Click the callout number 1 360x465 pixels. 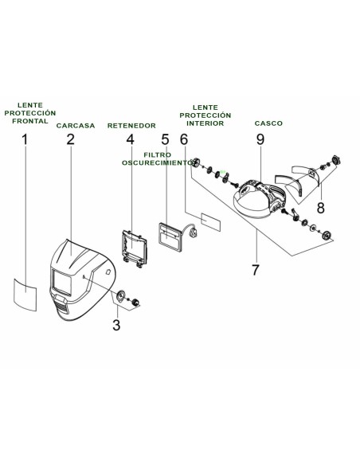25,139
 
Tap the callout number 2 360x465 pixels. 70,139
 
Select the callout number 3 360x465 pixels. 116,325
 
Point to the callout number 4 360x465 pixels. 130,139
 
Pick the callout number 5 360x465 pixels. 165,139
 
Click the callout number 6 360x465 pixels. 184,139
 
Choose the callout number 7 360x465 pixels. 256,270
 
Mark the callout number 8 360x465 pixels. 320,208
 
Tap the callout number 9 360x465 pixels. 260,139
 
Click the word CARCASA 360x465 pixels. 76,126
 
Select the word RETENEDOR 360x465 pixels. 131,126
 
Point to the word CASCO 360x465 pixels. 268,123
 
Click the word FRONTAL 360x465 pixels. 30,121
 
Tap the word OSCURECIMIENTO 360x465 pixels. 158,162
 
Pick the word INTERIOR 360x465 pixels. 205,123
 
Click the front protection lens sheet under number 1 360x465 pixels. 25,294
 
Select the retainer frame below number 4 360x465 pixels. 135,248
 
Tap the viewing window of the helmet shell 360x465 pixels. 62,282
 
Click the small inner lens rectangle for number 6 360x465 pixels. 211,222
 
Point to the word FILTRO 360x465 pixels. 158,155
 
